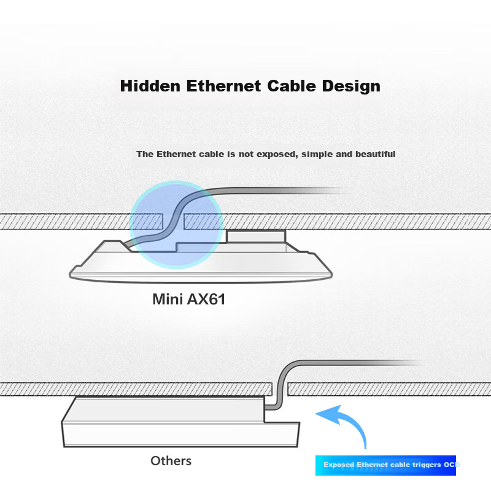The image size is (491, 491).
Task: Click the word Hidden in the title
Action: (145, 85)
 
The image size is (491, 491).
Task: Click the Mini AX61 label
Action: (189, 300)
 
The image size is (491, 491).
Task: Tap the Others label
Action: (171, 460)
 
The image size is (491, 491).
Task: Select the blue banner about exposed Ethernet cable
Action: (387, 465)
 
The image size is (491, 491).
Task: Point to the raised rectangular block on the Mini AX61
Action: (256, 237)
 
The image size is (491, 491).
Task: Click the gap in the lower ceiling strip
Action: (280, 389)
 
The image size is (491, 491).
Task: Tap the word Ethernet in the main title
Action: (218, 85)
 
